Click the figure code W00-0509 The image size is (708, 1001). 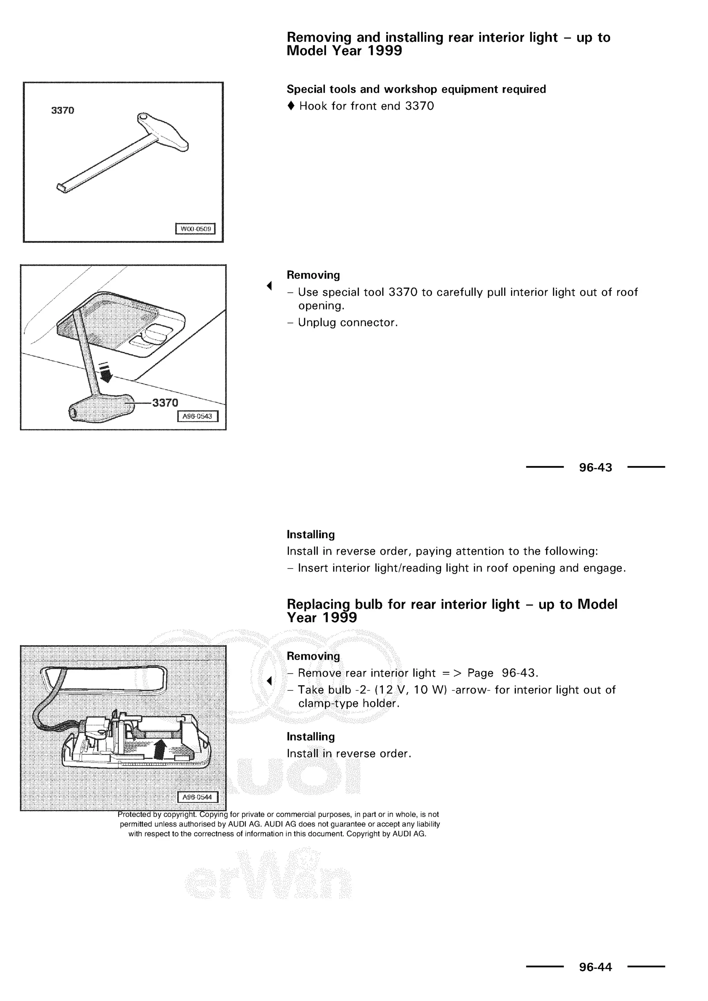(x=195, y=229)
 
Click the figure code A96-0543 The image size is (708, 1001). (x=197, y=417)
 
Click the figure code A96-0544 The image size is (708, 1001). (x=197, y=797)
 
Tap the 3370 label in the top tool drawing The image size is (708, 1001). (x=63, y=110)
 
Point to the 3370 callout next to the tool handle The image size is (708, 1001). (x=165, y=402)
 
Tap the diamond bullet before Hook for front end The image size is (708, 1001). (x=291, y=106)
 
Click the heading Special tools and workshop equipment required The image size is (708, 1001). (x=416, y=90)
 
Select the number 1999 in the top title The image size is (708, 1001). (x=384, y=51)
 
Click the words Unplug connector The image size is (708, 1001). (x=347, y=322)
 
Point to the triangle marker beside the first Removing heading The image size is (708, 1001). (x=269, y=286)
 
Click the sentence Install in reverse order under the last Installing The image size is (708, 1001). (x=349, y=754)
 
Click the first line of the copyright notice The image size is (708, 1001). (x=278, y=814)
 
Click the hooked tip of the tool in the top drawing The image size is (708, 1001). (x=62, y=188)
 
